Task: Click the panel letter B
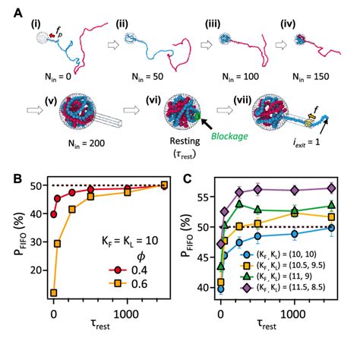[x=18, y=178]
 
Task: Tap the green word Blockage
[x=229, y=137]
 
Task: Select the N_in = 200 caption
[x=87, y=144]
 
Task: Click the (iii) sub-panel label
[x=213, y=24]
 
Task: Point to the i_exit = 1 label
[x=307, y=142]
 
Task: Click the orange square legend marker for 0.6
[x=118, y=284]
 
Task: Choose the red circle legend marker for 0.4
[x=118, y=270]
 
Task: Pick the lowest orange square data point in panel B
[x=54, y=293]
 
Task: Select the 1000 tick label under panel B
[x=126, y=314]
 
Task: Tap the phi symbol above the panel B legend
[x=141, y=257]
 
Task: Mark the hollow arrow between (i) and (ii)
[x=113, y=46]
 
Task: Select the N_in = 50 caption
[x=147, y=77]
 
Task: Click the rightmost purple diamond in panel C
[x=332, y=188]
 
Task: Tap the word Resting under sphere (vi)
[x=185, y=141]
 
